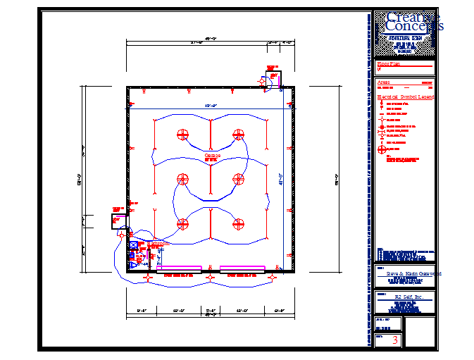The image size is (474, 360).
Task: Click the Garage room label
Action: (x=212, y=155)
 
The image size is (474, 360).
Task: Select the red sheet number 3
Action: (x=395, y=340)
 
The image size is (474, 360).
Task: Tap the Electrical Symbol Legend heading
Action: (x=406, y=97)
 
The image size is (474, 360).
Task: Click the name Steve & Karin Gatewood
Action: (x=405, y=273)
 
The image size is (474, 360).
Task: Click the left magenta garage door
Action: (x=178, y=268)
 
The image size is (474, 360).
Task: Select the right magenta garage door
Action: (x=242, y=268)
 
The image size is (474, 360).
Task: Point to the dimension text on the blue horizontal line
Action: (x=210, y=106)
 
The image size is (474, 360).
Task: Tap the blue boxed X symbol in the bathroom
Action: (x=133, y=246)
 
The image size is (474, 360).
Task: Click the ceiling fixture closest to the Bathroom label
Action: (x=182, y=225)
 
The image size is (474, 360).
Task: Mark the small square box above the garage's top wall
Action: (x=273, y=79)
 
